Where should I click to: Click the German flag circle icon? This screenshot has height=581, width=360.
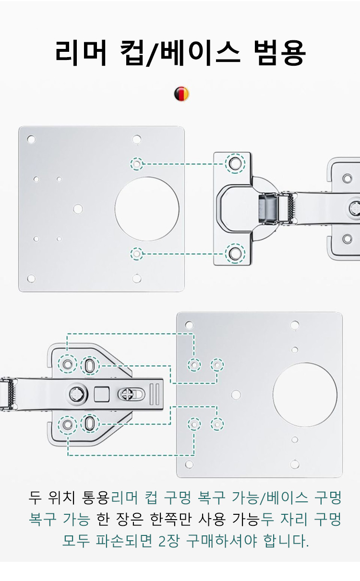(x=182, y=94)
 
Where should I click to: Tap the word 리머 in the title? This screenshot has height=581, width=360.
(x=81, y=53)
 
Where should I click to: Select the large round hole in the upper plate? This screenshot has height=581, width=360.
(x=147, y=209)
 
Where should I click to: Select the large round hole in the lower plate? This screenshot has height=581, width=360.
(x=305, y=395)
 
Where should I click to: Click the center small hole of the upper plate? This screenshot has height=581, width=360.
(x=78, y=209)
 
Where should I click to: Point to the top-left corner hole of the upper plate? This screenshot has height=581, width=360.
(x=31, y=139)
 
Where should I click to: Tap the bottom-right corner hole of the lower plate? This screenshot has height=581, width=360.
(x=295, y=464)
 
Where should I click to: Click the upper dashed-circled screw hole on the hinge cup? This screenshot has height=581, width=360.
(x=235, y=164)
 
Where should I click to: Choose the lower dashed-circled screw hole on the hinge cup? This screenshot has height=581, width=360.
(x=235, y=254)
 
